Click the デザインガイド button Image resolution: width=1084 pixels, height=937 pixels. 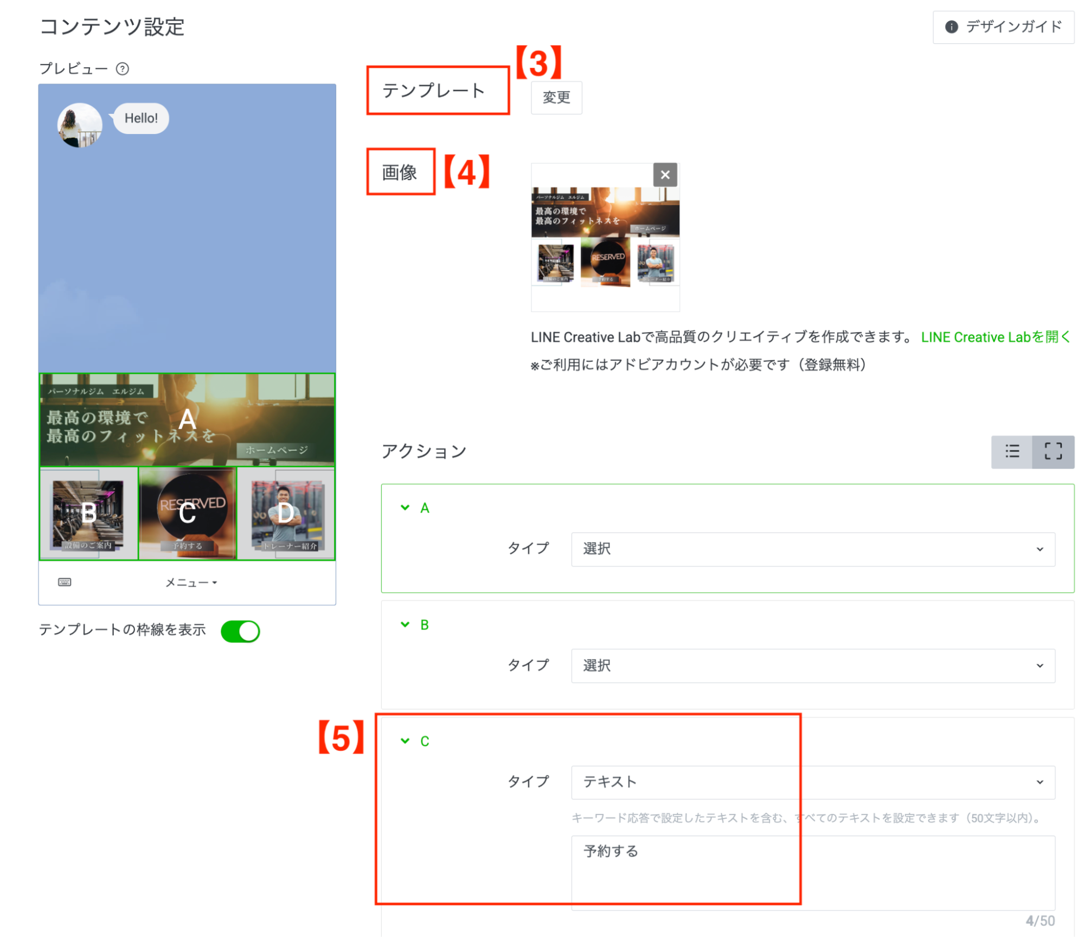(1003, 27)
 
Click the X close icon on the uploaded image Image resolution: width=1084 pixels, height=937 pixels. (665, 175)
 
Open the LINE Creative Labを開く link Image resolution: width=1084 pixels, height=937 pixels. (995, 337)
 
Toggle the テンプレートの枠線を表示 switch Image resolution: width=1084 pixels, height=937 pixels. (240, 631)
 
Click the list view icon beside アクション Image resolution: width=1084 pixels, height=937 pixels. (1011, 451)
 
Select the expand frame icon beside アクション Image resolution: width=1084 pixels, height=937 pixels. (1053, 451)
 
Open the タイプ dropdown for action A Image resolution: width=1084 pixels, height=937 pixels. (812, 549)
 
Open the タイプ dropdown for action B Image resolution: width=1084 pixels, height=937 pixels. (812, 666)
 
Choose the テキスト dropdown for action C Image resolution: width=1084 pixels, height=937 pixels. (812, 782)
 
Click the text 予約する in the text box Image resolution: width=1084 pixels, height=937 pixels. (611, 851)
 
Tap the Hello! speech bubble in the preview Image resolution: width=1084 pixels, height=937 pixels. (141, 118)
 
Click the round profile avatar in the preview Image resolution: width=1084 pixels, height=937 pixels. (80, 125)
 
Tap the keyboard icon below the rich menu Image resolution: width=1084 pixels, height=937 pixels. (65, 582)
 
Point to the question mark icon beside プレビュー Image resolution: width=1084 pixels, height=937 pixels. (123, 69)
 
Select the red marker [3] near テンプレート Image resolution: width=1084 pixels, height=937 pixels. (538, 63)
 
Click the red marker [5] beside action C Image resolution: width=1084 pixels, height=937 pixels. (341, 738)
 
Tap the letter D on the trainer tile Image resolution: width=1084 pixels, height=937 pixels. (285, 513)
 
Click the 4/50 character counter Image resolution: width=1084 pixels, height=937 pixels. (1040, 921)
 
